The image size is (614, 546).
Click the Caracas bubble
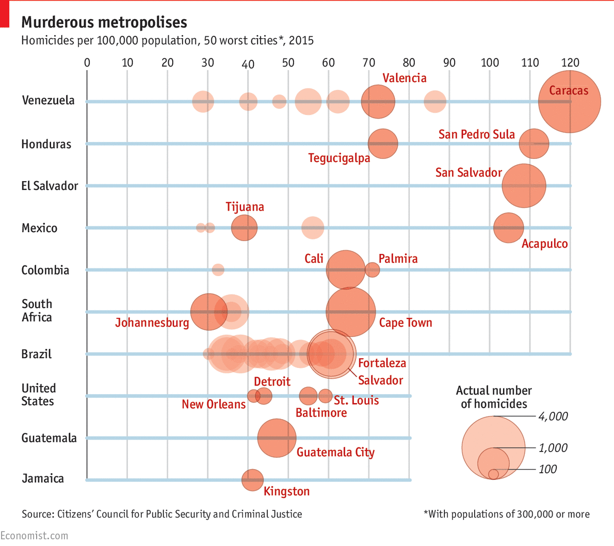[x=569, y=102]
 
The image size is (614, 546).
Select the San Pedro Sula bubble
[x=534, y=143]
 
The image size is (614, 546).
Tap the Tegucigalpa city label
[x=339, y=158]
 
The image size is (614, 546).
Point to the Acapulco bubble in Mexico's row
[x=508, y=228]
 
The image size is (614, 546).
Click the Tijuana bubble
[x=244, y=228]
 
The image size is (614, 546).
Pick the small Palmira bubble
[x=372, y=269]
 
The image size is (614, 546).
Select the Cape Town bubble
[x=351, y=312]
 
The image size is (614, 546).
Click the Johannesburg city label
[x=152, y=323]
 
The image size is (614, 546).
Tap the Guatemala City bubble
[x=277, y=438]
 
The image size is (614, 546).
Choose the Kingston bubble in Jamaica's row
[x=252, y=480]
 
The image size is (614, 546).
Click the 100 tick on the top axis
[x=490, y=63]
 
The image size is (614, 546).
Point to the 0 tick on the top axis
[x=87, y=63]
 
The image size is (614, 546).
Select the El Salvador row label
[x=50, y=186]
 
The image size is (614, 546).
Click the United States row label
[x=38, y=395]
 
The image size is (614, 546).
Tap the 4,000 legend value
[x=553, y=416]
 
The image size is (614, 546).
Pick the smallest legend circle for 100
[x=493, y=474]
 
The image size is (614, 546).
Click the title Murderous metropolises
[x=104, y=22]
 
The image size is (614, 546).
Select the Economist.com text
[x=34, y=536]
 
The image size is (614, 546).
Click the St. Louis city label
[x=356, y=400]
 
